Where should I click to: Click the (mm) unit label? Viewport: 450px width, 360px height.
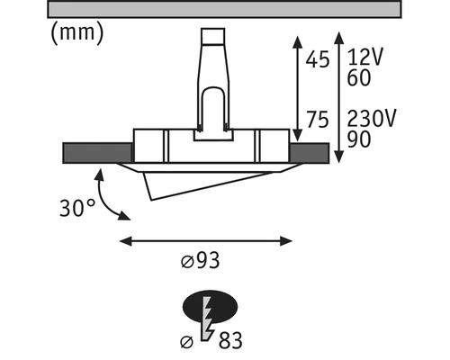pos(76,33)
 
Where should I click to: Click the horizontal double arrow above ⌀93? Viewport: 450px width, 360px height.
pos(206,240)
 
